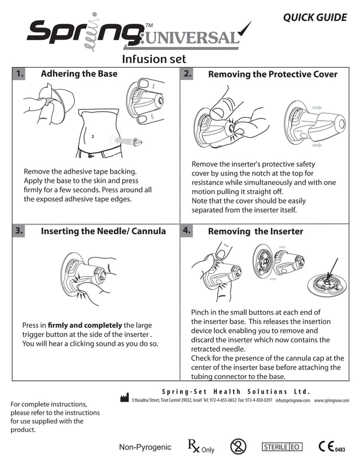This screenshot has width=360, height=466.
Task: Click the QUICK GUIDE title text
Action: (x=314, y=17)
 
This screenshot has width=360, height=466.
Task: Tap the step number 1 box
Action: (x=19, y=74)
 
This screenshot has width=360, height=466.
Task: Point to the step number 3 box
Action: (x=19, y=231)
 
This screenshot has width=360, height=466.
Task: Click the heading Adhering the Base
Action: (x=79, y=74)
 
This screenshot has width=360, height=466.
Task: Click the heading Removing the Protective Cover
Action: (x=273, y=74)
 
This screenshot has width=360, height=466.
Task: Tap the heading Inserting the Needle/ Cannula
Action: (x=103, y=231)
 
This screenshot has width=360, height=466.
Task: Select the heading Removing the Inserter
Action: (x=255, y=231)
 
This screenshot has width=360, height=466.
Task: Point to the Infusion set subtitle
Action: (x=154, y=59)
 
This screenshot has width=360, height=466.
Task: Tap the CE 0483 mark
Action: (x=331, y=447)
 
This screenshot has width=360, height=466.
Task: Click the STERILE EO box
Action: (x=282, y=447)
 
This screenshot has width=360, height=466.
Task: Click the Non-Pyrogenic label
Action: (x=145, y=447)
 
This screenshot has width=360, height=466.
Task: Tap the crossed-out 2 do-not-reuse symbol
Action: (x=239, y=447)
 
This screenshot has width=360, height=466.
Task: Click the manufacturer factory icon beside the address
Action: (x=125, y=398)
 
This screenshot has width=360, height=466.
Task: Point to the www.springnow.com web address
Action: (x=336, y=400)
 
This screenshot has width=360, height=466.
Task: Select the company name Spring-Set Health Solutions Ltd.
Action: (x=236, y=392)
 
